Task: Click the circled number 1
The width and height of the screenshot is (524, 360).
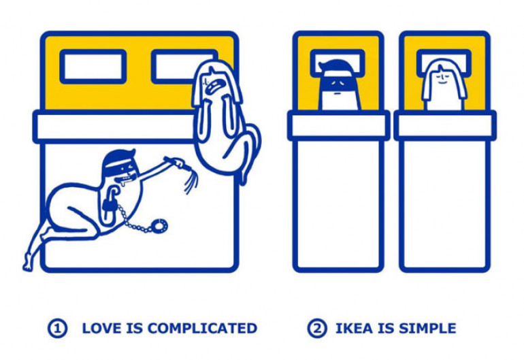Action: point(57,329)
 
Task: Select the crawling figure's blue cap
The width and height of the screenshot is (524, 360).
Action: point(119,161)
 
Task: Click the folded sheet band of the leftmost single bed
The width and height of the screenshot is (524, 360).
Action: point(338,126)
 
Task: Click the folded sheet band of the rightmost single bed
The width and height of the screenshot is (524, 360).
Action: point(444,126)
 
